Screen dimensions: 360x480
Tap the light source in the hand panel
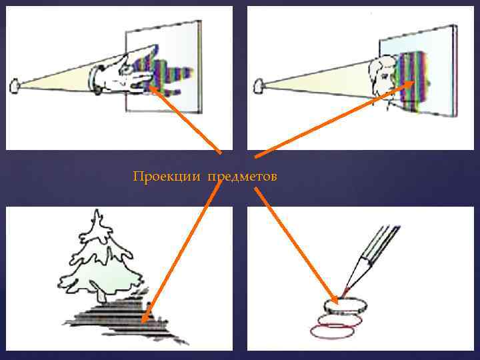click(15, 86)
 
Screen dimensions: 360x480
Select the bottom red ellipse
click(331, 330)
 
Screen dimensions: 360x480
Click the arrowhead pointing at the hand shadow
click(151, 88)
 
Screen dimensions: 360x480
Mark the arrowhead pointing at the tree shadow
click(146, 319)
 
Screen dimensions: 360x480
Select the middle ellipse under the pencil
click(339, 319)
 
